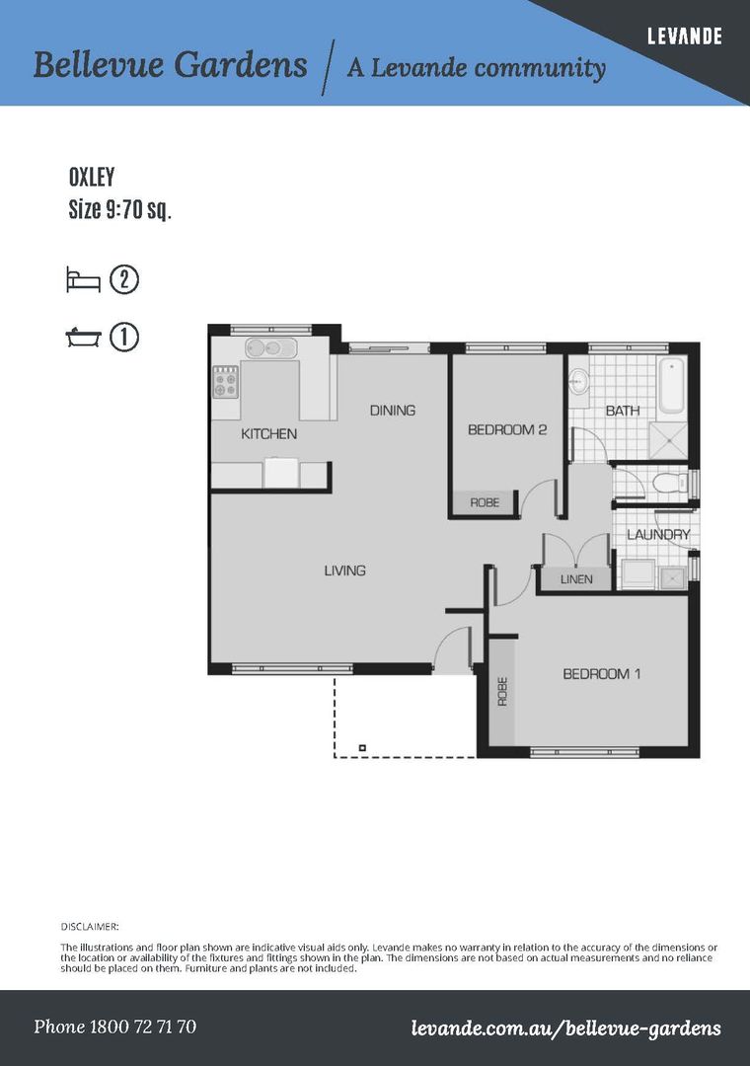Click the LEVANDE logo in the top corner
pos(684,36)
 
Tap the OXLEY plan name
pos(92,178)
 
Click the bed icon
pos(84,280)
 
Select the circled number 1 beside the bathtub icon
pos(123,338)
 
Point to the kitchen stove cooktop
pos(226,381)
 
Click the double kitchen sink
pos(271,348)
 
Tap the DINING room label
pos(393,410)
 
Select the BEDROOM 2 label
pos(507,429)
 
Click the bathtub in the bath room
pos(671,386)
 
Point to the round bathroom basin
pos(578,382)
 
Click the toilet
pos(670,484)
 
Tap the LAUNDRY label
pos(658,534)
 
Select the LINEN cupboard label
pos(576,579)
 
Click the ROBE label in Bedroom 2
pos(485,502)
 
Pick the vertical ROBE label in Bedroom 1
pos(502,691)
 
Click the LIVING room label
pos(344,571)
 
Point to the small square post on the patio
pos(362,748)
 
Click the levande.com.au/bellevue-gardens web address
pos(565,1028)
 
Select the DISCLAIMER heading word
pos(90,926)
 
